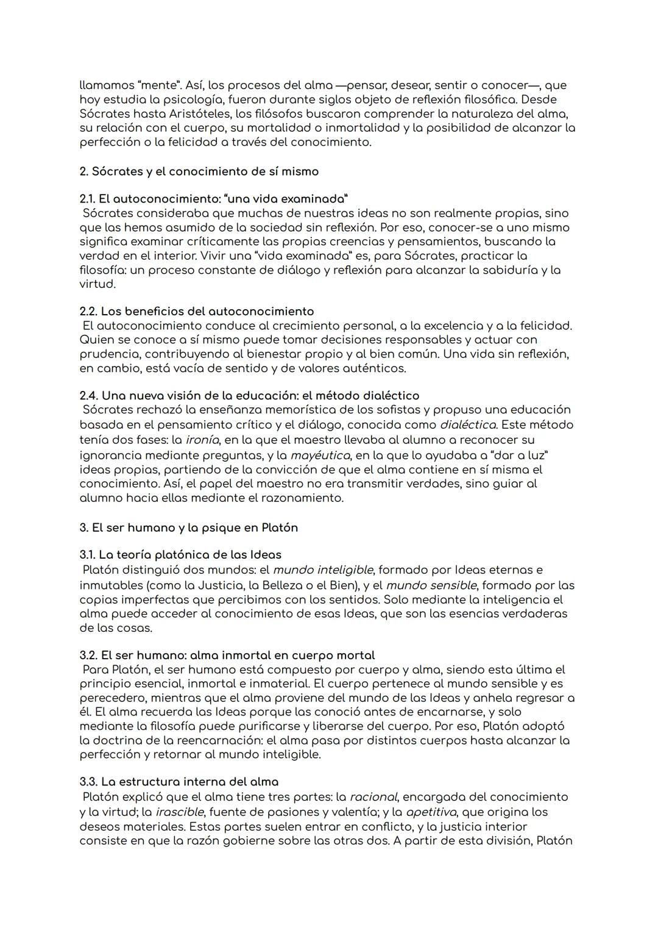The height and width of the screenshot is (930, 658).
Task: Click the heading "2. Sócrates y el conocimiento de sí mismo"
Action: (x=199, y=171)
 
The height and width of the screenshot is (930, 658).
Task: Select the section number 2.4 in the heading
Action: (x=88, y=396)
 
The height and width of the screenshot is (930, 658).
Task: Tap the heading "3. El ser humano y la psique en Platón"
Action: (x=189, y=528)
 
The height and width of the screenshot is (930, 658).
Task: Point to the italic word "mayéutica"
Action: (x=320, y=456)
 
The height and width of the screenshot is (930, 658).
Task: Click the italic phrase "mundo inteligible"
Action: (x=323, y=570)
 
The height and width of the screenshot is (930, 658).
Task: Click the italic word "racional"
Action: (x=373, y=797)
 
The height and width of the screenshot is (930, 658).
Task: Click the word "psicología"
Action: (x=191, y=99)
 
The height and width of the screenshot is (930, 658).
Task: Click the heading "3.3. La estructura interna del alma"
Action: (x=179, y=782)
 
